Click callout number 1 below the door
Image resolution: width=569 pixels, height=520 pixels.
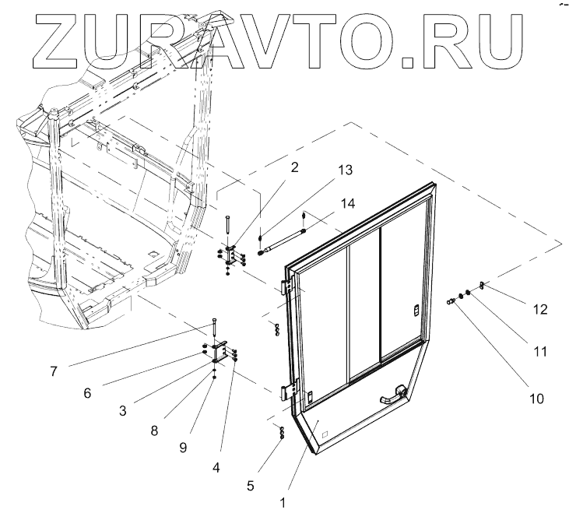pyautogui.click(x=283, y=502)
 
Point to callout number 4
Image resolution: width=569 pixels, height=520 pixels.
pyautogui.click(x=216, y=468)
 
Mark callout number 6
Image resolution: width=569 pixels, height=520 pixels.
pyautogui.click(x=87, y=393)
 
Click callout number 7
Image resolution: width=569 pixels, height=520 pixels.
pyautogui.click(x=53, y=371)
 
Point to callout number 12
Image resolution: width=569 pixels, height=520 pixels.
pyautogui.click(x=540, y=309)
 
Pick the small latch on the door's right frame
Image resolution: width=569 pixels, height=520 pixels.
pyautogui.click(x=415, y=312)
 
